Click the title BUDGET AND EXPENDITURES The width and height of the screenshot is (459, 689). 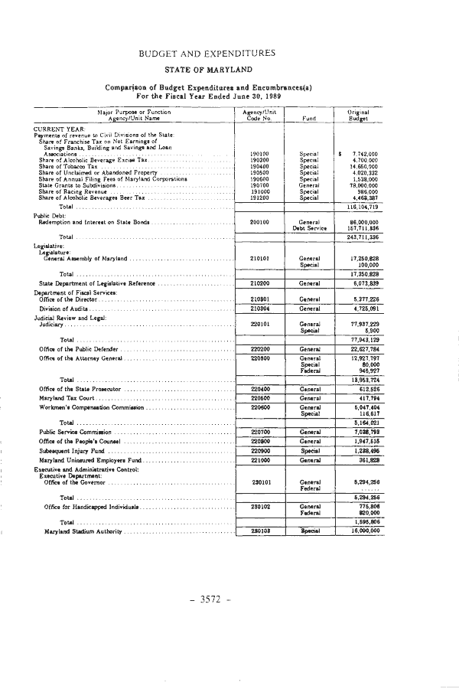[x=208, y=53]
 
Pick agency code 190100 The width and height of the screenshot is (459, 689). [x=259, y=154]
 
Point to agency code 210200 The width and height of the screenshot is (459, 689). [x=259, y=283]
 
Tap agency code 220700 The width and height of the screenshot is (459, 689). [x=259, y=432]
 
